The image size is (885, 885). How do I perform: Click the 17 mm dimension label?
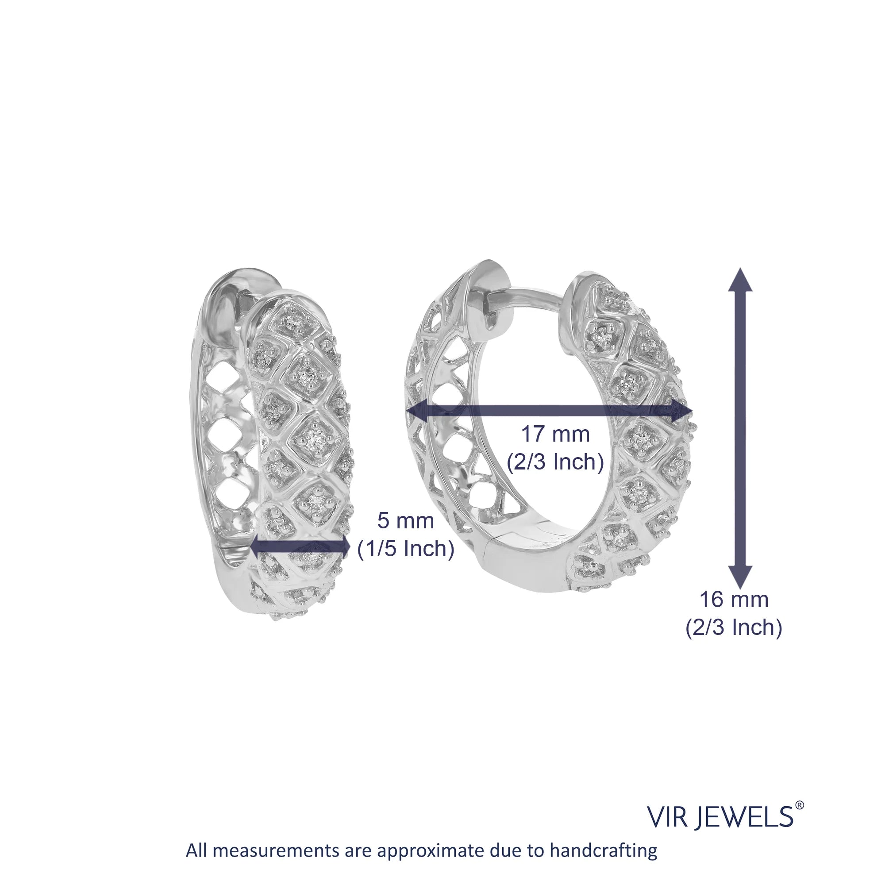tap(555, 434)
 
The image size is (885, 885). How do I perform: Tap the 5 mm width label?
tap(405, 521)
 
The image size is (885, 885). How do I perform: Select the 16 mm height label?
tap(734, 600)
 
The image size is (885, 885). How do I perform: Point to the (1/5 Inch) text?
tap(405, 549)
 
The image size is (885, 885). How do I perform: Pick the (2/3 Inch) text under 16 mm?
tap(734, 627)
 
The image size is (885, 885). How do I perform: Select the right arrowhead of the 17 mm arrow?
tap(680, 411)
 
